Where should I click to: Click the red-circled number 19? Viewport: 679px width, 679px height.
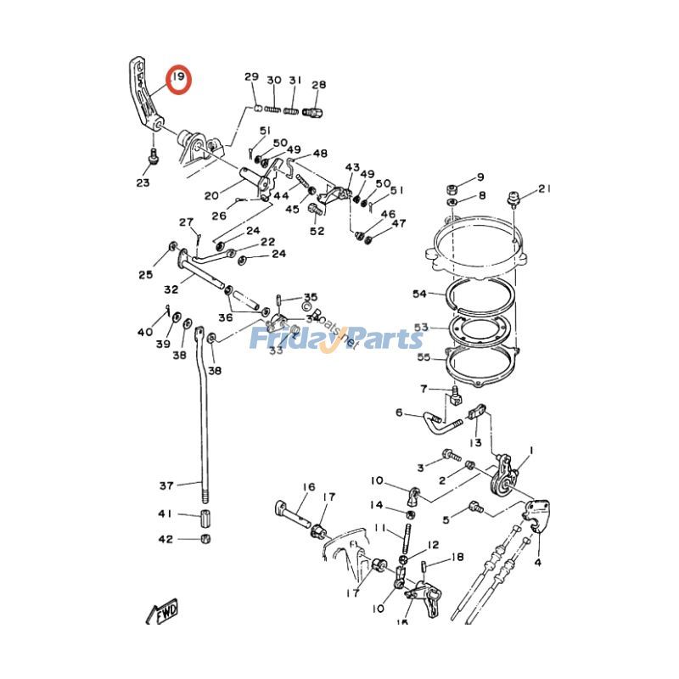click(x=178, y=80)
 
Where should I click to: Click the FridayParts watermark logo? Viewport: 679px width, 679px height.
click(x=336, y=339)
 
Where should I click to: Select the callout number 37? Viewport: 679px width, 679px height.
click(x=166, y=485)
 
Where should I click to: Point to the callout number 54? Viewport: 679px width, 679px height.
click(x=419, y=294)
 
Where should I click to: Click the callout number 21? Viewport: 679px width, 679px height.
click(x=544, y=188)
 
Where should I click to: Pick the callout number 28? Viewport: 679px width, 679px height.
click(x=319, y=85)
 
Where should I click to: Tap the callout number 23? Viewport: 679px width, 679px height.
click(x=143, y=183)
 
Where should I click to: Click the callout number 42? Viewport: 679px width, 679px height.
click(x=166, y=539)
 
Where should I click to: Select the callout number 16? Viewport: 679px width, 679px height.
click(x=308, y=487)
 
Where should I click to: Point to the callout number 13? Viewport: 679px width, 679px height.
click(x=476, y=443)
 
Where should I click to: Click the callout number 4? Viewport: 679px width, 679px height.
click(x=537, y=562)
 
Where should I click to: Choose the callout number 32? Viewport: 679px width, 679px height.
click(x=171, y=289)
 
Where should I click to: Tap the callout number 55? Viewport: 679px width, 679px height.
click(x=424, y=357)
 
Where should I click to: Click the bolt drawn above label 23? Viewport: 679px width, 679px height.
click(x=150, y=156)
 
